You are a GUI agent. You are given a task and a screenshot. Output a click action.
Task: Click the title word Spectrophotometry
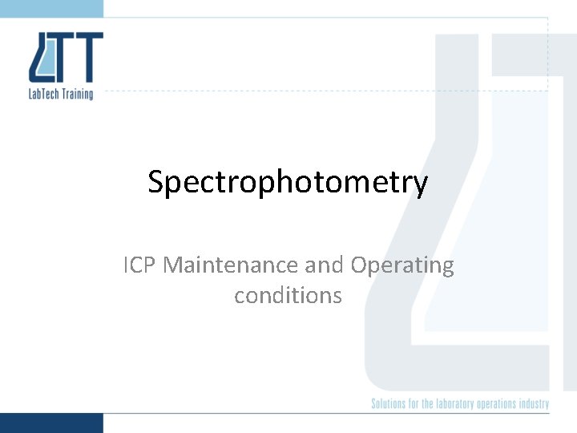pos(288,183)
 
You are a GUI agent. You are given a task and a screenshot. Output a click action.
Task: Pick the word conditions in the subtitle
pos(288,295)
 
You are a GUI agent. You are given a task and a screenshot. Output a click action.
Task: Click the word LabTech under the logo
pos(46,94)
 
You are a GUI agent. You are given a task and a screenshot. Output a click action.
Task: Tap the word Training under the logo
pos(79,95)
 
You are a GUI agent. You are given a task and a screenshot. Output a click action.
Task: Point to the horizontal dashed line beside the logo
pos(321,91)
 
